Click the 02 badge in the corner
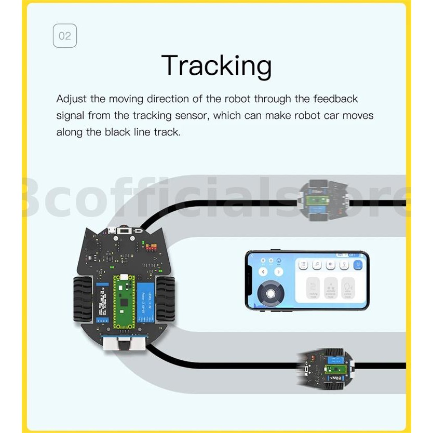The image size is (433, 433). pos(65,36)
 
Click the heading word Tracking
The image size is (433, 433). pos(216,66)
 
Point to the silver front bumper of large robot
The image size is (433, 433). pos(124,343)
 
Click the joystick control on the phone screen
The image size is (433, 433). pos(270,293)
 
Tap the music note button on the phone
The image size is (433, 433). pos(317,265)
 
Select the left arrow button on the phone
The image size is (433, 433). pos(263,272)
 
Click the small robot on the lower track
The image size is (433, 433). pos(327,368)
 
